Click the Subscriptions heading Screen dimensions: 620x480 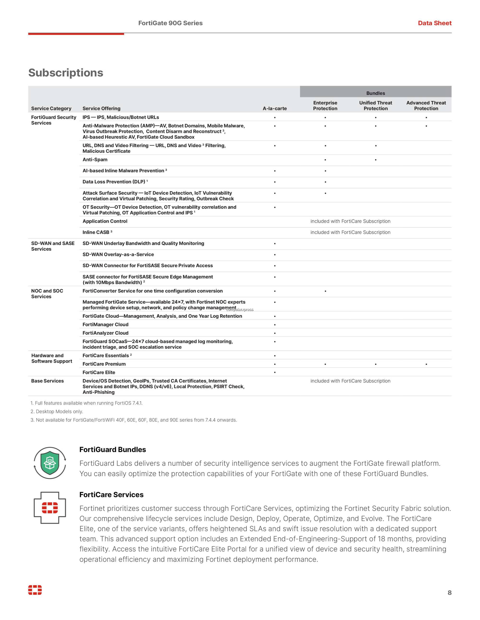(66, 73)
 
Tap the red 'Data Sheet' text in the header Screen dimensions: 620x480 (434, 23)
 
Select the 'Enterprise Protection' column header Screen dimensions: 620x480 (325, 106)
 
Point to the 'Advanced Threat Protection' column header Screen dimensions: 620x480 (426, 106)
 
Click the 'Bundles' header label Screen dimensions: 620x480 (375, 93)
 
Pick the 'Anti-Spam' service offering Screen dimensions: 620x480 (95, 160)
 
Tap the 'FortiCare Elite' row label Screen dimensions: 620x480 (99, 373)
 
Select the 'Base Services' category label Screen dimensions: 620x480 (48, 381)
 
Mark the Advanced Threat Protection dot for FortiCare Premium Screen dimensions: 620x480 (426, 364)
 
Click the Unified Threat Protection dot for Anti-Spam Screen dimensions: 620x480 (376, 160)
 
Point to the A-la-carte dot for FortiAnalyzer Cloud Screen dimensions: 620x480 (275, 333)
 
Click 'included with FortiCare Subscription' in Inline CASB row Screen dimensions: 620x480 (350, 232)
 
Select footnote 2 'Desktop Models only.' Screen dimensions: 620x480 (57, 412)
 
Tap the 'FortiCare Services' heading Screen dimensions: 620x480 (111, 494)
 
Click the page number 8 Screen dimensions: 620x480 (449, 600)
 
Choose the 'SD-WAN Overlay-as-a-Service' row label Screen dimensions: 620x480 (118, 254)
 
